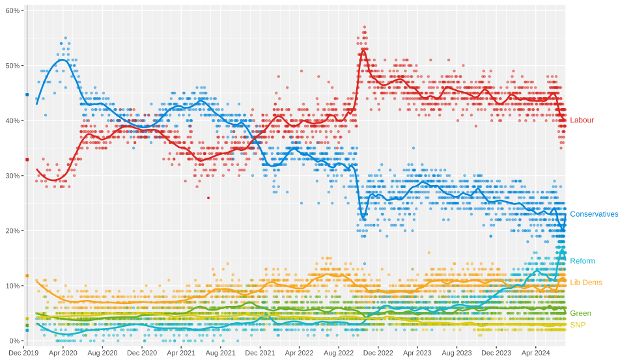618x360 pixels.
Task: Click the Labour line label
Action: pos(582,120)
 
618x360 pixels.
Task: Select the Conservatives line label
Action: pos(593,214)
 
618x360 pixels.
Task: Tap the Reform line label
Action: pos(582,261)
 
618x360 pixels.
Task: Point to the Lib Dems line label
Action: pos(585,283)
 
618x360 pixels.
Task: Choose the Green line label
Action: pos(580,313)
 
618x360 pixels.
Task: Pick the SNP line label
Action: pos(578,325)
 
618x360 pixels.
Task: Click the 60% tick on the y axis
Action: pos(13,10)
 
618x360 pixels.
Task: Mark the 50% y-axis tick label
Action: pos(13,66)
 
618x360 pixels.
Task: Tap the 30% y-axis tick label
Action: pos(13,176)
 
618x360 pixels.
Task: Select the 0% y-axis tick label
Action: pos(14,340)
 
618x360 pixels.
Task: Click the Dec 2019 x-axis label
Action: pos(23,353)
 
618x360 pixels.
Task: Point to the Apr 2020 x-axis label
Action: pos(63,353)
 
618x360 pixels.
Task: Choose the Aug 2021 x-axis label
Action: pos(221,353)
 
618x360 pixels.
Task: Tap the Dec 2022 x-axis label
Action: pos(378,353)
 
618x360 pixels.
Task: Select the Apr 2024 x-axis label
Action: pos(535,353)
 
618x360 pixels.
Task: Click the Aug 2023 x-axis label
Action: pos(456,353)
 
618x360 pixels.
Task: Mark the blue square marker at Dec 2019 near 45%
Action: pos(27,94)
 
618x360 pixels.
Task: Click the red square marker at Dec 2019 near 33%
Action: pos(27,159)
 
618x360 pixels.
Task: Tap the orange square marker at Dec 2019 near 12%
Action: pos(27,275)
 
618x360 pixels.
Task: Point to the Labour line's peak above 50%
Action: pos(363,49)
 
